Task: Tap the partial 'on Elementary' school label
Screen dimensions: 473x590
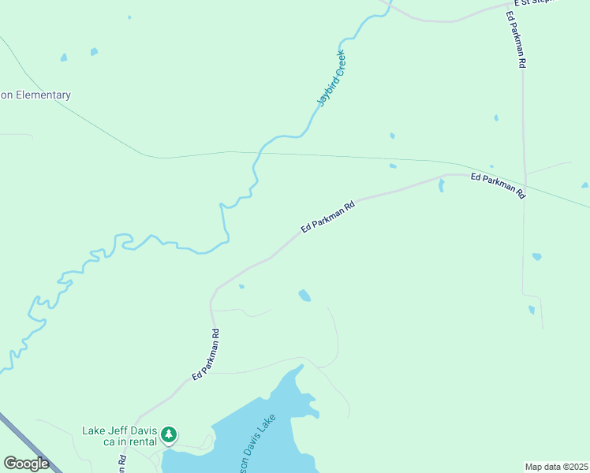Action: [x=35, y=95]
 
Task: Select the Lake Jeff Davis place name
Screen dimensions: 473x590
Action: [x=120, y=430]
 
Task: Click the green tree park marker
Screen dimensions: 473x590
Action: [x=168, y=434]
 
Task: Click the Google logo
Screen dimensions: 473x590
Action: [x=26, y=464]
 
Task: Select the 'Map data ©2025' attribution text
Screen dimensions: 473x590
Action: [x=556, y=467]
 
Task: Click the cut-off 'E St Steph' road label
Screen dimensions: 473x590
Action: [x=536, y=2]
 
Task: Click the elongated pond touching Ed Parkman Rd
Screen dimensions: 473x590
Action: [x=441, y=185]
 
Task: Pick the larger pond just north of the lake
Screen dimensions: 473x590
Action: [x=304, y=296]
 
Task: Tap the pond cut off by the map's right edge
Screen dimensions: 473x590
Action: [x=584, y=186]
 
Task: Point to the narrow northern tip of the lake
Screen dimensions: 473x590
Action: [x=298, y=369]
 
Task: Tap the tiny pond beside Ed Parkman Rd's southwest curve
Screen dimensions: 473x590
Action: [x=241, y=286]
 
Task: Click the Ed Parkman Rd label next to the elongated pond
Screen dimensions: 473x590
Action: [x=498, y=184]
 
